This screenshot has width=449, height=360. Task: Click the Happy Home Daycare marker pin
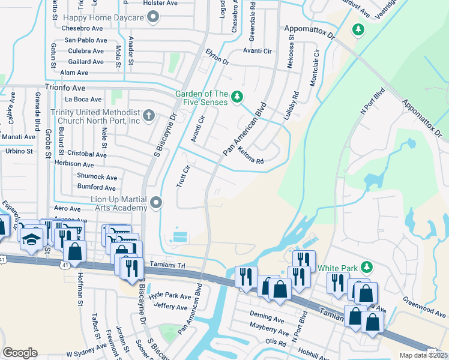tap(153, 18)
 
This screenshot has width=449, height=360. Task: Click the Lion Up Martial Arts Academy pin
tap(157, 203)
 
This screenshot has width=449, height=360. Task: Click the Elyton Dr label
tap(217, 58)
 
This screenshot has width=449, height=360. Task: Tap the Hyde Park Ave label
tap(169, 296)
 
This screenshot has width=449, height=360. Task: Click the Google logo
tap(20, 353)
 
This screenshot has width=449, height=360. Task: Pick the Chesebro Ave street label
tap(83, 28)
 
